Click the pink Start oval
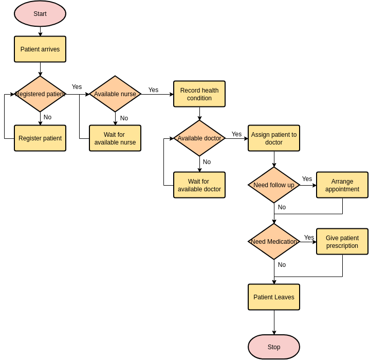point(40,14)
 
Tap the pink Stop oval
point(274,347)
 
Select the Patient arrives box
point(40,49)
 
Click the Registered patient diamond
point(40,94)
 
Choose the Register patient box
point(40,138)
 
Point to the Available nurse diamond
point(115,94)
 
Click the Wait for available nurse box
point(115,138)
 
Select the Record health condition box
point(199,94)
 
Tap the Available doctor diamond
point(199,138)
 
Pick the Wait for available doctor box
point(199,185)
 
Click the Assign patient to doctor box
point(274,138)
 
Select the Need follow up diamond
point(274,185)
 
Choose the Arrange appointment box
point(342,185)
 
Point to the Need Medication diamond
point(274,242)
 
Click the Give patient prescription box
point(342,242)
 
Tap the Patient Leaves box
point(274,297)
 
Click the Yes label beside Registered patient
point(77,87)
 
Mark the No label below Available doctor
point(207,162)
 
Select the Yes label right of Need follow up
point(307,179)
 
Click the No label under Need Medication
point(282,265)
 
